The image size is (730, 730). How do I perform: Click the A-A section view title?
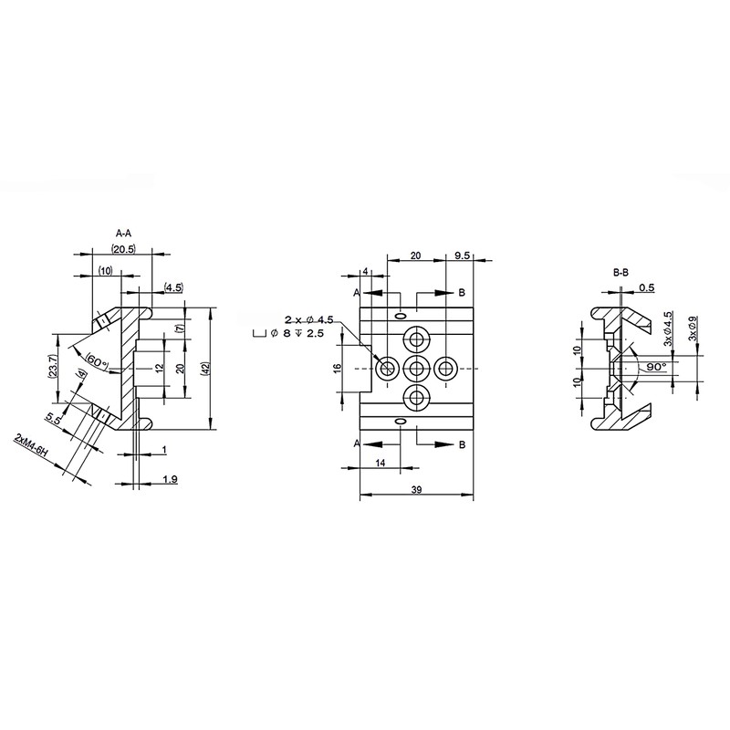coord(123,233)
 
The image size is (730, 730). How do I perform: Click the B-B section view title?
coord(620,273)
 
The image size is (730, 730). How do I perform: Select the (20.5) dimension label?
coord(123,249)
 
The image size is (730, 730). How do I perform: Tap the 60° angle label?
coord(97,360)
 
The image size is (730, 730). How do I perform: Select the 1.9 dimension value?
coord(170,478)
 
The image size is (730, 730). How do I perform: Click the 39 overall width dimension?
coord(417,490)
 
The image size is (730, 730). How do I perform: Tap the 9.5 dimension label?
coord(463,255)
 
